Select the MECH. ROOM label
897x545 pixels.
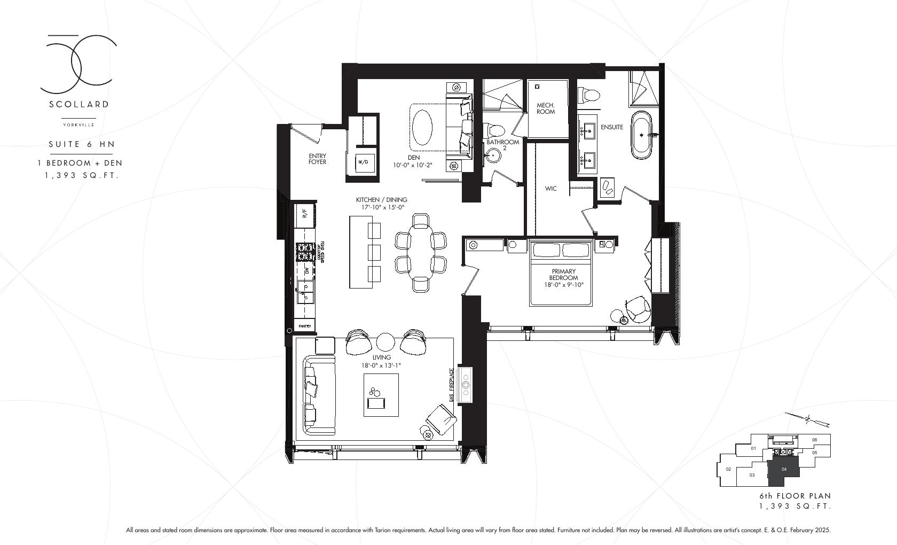[546, 108]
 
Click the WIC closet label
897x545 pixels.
[550, 189]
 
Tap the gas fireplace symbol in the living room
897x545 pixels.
[466, 385]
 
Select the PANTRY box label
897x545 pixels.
[305, 326]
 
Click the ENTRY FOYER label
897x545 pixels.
[317, 159]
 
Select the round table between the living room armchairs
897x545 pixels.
[385, 341]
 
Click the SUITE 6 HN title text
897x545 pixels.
[82, 144]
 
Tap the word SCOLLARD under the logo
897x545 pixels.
[79, 104]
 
